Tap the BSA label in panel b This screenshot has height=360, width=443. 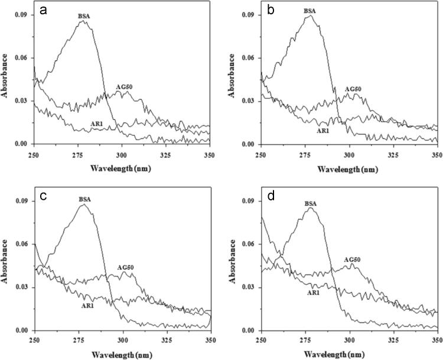(x=310, y=11)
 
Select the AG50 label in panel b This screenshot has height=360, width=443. (x=352, y=89)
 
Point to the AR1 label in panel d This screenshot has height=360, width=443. (x=314, y=293)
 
